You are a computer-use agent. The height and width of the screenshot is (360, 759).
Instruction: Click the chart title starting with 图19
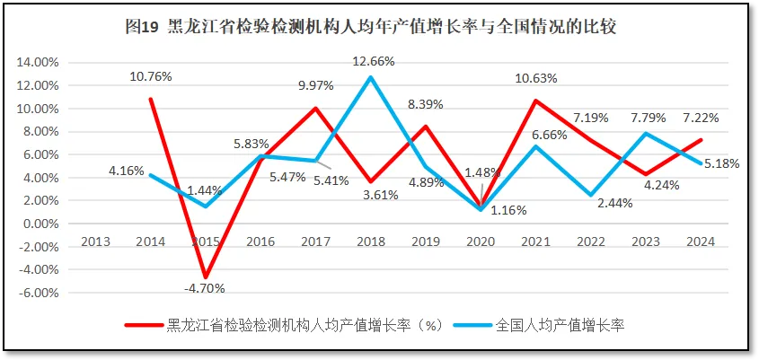tap(379, 27)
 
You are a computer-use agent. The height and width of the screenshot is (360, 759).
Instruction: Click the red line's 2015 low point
tap(207, 277)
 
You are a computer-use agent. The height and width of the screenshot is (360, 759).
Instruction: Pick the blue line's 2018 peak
tap(371, 77)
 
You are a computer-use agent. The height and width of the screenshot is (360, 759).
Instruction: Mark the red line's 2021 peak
tap(535, 101)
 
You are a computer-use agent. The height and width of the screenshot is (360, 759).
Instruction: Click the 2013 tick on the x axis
tap(97, 241)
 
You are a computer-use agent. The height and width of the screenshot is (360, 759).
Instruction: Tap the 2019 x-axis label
tap(426, 241)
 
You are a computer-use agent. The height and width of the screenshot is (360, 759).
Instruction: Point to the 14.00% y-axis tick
tap(39, 62)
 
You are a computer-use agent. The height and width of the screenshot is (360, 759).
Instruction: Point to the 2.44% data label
tap(614, 203)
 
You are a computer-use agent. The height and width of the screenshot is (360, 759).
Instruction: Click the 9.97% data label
tap(315, 85)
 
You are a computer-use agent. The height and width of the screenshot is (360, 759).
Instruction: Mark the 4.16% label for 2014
tap(126, 170)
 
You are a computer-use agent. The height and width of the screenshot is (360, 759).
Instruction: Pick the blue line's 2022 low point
tap(590, 195)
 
